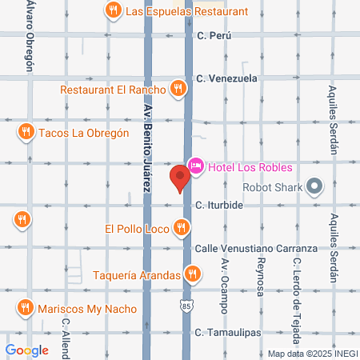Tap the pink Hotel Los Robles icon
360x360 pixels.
click(195, 167)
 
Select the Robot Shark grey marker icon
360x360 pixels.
click(314, 188)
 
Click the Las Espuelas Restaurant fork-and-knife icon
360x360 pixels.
click(114, 11)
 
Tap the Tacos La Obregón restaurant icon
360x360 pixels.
click(26, 132)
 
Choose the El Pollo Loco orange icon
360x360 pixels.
click(182, 229)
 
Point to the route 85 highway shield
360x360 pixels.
click(187, 306)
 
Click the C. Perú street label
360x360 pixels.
click(214, 36)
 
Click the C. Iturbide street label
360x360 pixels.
click(219, 205)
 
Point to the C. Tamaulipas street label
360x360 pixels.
click(230, 331)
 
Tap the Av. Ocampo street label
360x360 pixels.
click(226, 283)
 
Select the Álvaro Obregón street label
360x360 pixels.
click(30, 35)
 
